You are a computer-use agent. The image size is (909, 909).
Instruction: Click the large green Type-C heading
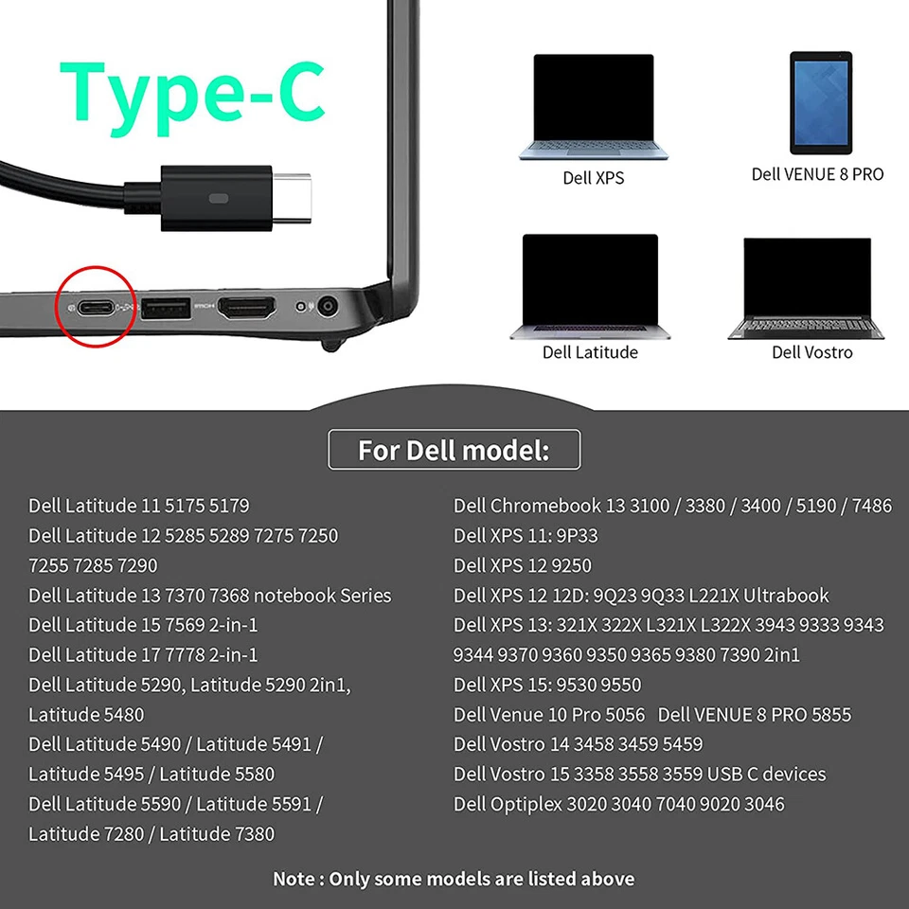(193, 92)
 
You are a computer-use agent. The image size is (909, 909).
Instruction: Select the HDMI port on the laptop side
(247, 307)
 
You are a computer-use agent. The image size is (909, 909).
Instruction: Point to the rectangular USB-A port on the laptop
(166, 308)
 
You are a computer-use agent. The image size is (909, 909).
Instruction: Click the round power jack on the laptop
(329, 307)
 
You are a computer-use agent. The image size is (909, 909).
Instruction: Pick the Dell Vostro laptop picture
(807, 288)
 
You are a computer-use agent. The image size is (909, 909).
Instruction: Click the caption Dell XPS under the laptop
(594, 178)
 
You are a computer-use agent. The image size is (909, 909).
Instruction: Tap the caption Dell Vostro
(811, 352)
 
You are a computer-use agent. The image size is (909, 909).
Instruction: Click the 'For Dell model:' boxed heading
(454, 450)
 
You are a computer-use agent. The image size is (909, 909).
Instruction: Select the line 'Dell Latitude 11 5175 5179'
(139, 506)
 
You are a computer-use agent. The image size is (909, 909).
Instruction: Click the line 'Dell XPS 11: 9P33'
(526, 536)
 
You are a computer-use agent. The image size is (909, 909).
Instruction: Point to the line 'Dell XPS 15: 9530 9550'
(547, 685)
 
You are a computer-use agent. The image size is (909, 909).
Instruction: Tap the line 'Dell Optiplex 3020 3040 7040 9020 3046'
(618, 804)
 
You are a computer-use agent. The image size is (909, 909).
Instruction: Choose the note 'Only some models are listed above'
(454, 879)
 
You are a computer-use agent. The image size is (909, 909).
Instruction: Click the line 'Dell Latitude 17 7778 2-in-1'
(143, 654)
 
